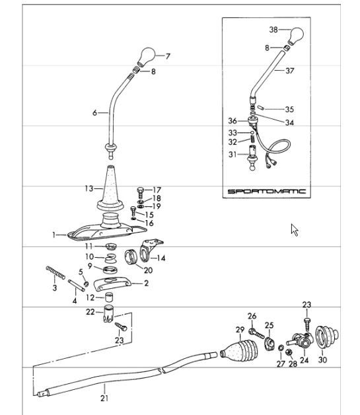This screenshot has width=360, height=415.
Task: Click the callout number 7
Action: pyautogui.click(x=167, y=57)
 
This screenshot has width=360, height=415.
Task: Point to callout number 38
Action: pyautogui.click(x=273, y=30)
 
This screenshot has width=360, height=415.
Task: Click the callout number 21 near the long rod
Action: pyautogui.click(x=104, y=397)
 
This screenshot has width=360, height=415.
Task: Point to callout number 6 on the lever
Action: pyautogui.click(x=95, y=113)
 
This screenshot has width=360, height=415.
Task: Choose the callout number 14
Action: pyautogui.click(x=162, y=258)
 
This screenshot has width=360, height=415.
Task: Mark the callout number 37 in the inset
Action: pyautogui.click(x=289, y=72)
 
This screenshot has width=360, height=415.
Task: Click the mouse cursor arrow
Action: pyautogui.click(x=295, y=229)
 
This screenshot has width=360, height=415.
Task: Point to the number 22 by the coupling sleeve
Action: pyautogui.click(x=90, y=312)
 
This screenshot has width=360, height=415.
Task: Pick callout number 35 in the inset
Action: pyautogui.click(x=289, y=109)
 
